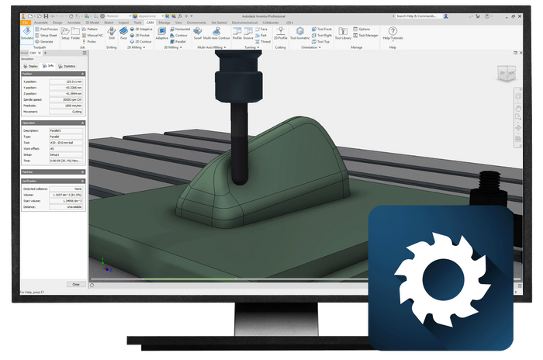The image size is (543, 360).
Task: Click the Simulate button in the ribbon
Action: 26,36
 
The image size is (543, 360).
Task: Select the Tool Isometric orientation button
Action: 299,36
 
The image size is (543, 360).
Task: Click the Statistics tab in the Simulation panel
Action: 71,67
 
